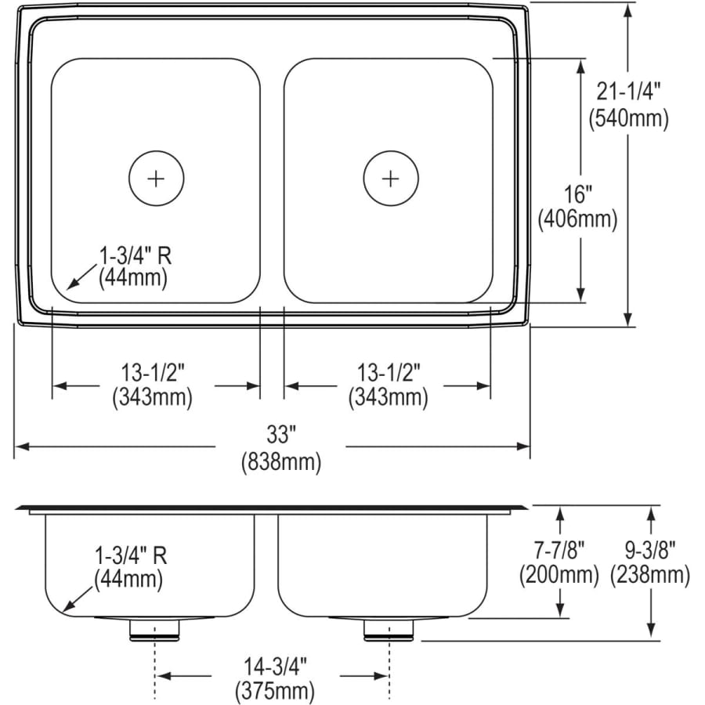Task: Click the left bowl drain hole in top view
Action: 156,178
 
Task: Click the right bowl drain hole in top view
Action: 390,178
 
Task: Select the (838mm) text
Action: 280,463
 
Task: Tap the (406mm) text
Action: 578,220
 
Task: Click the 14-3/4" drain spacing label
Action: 274,667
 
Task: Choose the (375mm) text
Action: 274,691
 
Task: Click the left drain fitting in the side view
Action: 155,630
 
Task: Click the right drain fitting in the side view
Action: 389,630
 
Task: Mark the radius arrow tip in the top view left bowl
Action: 68,288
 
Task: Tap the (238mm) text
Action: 650,576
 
